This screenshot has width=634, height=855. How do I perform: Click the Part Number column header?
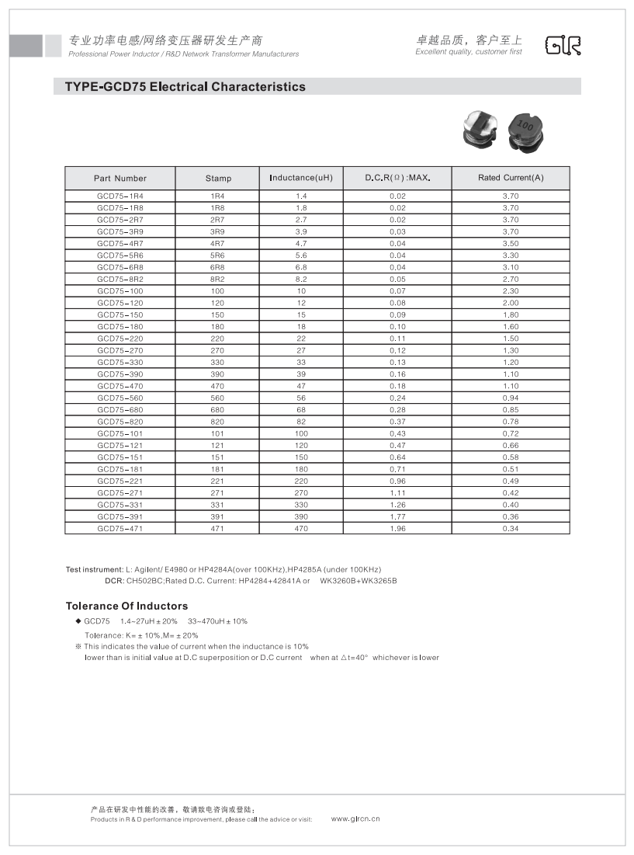coord(120,178)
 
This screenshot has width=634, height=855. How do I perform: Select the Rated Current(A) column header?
coord(511,178)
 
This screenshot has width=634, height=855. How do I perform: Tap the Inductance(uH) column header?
coord(301,178)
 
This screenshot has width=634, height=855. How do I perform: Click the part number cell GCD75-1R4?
coord(120,196)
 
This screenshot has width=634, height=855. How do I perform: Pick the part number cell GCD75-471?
coord(120,529)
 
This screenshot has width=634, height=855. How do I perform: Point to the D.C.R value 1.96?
coord(397,529)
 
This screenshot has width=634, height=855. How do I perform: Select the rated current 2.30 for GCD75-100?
coord(511,291)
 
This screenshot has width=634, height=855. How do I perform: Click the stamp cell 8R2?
coord(218,280)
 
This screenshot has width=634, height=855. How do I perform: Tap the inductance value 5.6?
coord(301,255)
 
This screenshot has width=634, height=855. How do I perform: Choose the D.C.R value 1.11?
coord(397,493)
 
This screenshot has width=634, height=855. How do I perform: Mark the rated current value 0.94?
coord(511,398)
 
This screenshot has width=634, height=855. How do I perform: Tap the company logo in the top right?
coord(563,46)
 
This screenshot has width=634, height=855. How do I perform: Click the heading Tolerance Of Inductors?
coord(126,606)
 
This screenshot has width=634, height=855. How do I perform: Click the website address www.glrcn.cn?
coord(355,819)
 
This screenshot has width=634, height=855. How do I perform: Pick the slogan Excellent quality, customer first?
coord(469,52)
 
